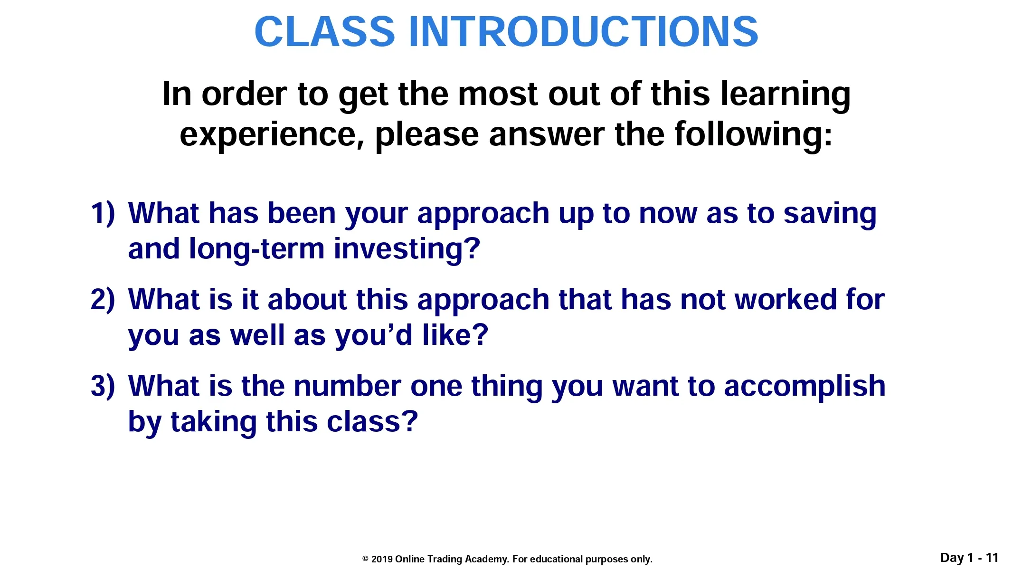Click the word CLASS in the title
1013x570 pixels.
[x=325, y=31]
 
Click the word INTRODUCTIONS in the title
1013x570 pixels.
[x=583, y=31]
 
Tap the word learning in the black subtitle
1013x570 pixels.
[x=786, y=95]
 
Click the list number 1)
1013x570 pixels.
[x=103, y=213]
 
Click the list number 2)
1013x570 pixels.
[x=103, y=300]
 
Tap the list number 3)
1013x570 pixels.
[x=103, y=386]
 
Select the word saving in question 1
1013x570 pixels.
[x=830, y=215]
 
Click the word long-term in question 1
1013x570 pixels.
[x=256, y=250]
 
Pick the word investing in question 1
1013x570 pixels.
[x=407, y=250]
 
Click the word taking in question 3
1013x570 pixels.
[x=214, y=423]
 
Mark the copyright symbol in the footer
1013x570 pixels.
[x=365, y=560]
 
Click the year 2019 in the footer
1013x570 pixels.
[x=382, y=560]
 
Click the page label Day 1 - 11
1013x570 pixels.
[x=969, y=558]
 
